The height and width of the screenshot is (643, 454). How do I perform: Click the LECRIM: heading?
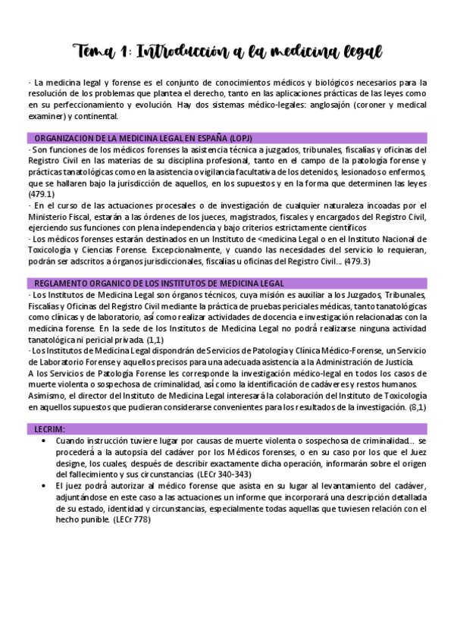(50, 429)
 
